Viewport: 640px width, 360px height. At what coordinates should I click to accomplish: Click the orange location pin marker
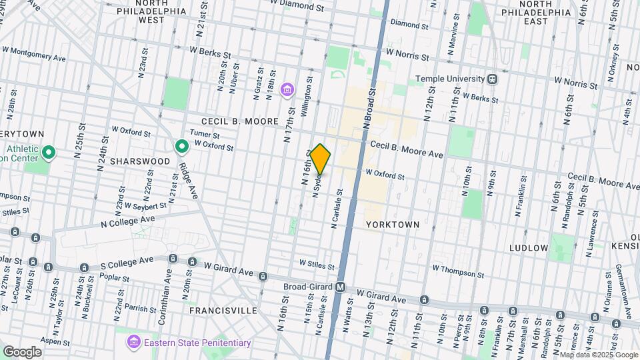[320, 159]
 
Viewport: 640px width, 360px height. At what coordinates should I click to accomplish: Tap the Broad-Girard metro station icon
[340, 287]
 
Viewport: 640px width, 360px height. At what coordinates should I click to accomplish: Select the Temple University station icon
[492, 79]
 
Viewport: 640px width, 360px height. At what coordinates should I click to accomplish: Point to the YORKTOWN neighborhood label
[393, 225]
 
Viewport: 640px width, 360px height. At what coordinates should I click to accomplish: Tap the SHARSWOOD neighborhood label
[137, 162]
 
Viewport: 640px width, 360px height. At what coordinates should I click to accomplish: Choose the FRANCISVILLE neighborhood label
[223, 311]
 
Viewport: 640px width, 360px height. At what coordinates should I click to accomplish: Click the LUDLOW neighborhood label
[529, 248]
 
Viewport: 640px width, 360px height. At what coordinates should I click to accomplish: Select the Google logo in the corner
[22, 351]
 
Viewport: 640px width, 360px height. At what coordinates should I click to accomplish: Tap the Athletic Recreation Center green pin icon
[47, 154]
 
